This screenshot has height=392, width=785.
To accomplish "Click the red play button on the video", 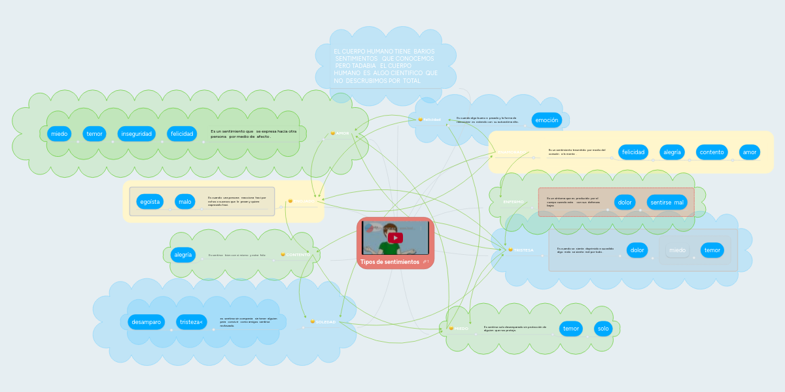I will pos(395,238).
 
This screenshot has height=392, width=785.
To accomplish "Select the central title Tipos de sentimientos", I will pos(389,262).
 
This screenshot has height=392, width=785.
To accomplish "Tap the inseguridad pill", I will pos(135,134).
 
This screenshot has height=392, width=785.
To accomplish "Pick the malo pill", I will pos(185,202).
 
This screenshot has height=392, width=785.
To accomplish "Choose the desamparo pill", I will pos(146,322).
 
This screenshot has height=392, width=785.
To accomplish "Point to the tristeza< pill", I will pos(192,322).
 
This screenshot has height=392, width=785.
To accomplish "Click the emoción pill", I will pos(546,120).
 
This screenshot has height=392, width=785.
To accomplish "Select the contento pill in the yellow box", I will pos(712,152).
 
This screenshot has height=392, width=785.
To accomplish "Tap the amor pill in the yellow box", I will pos(749,152).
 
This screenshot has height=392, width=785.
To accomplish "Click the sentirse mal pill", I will pos(667,203).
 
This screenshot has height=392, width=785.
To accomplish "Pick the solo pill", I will pos(602,328).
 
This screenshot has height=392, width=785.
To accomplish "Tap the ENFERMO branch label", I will pos(514,202).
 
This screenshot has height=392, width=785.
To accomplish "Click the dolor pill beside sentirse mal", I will pos(625,203).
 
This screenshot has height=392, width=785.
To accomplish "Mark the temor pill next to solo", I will pos(571,328).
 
